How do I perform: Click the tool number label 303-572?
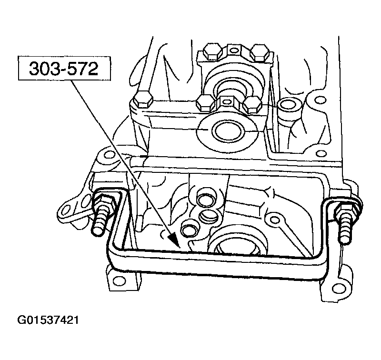click(x=63, y=70)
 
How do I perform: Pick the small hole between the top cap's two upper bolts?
click(x=233, y=49)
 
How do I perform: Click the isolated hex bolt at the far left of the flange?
click(x=142, y=100)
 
